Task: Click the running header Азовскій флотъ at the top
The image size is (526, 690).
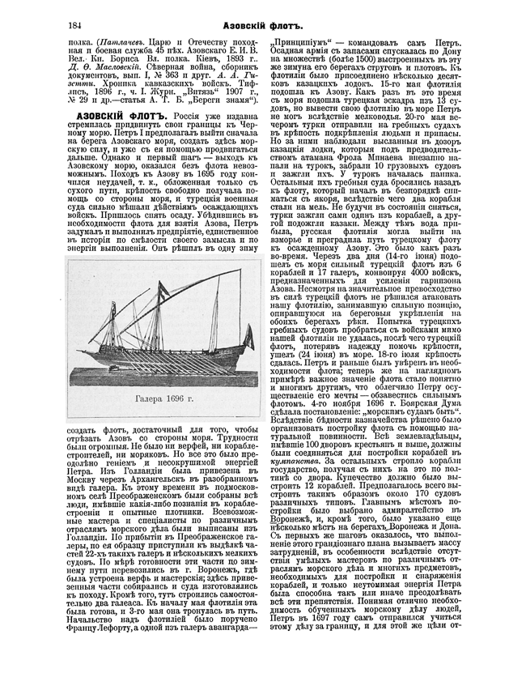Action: click(262, 28)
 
